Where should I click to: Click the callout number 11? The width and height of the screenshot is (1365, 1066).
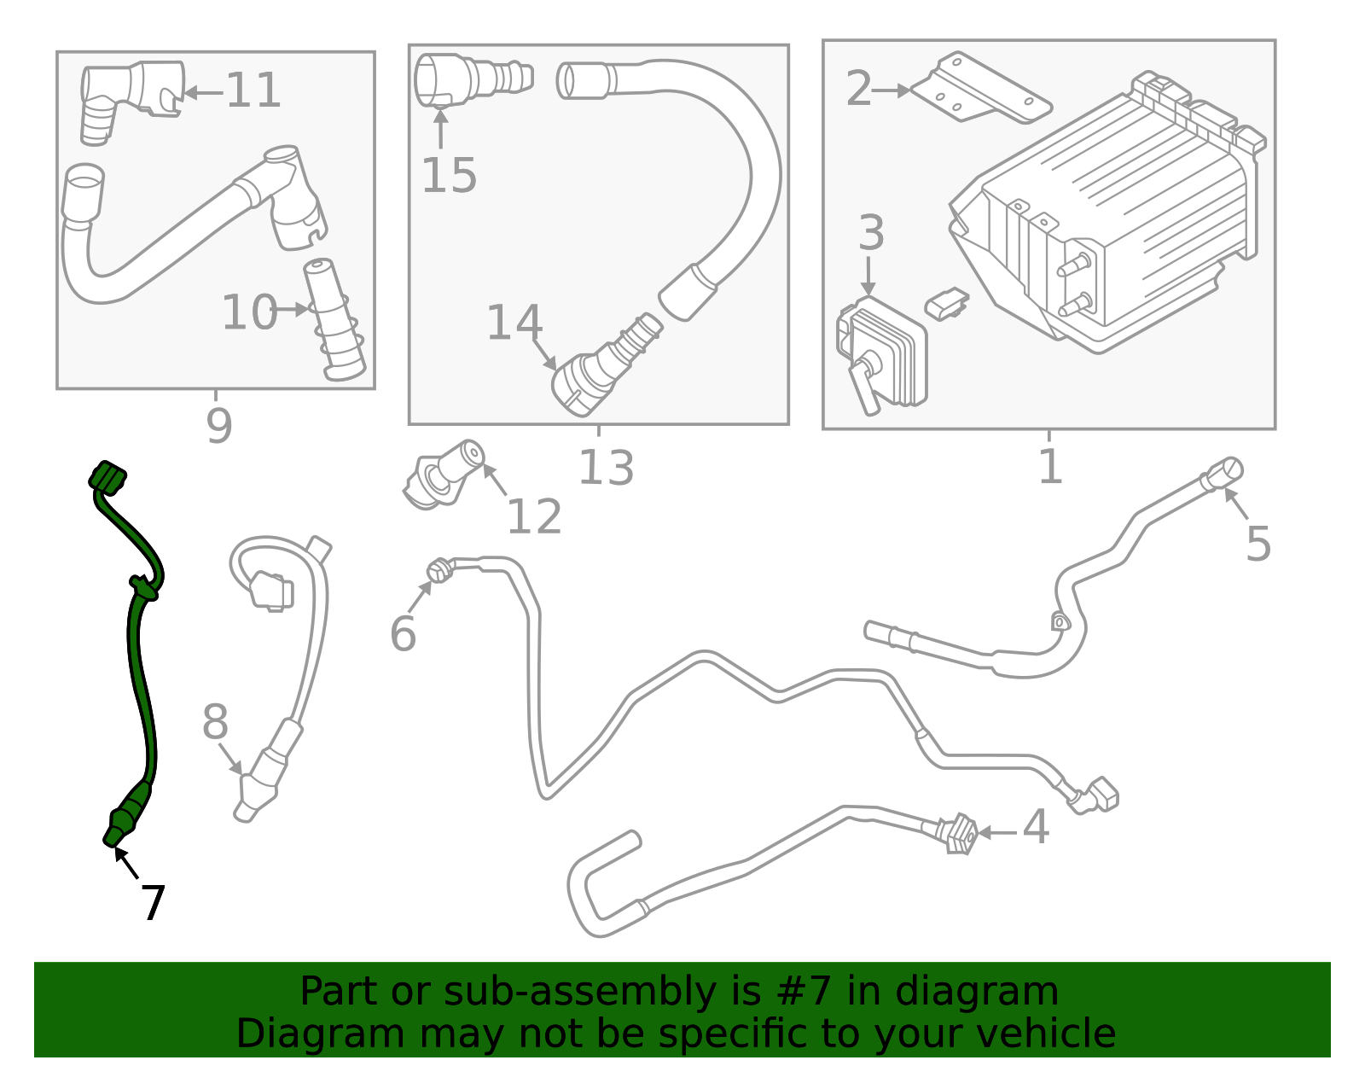[253, 90]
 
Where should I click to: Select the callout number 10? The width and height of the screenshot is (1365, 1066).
[249, 312]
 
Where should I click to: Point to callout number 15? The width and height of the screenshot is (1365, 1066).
[449, 176]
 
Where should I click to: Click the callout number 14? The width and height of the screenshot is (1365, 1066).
[514, 323]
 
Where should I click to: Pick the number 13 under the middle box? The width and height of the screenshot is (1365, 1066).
[606, 468]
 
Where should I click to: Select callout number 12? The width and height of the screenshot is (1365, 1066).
[534, 516]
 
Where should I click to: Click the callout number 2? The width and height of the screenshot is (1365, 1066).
[858, 89]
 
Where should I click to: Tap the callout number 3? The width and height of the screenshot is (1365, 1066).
[871, 233]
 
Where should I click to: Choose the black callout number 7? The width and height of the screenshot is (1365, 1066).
[153, 903]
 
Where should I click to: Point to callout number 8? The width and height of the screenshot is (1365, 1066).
[215, 723]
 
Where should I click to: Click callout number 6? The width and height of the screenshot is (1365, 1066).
[403, 634]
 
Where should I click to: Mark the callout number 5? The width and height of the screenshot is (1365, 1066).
[1258, 544]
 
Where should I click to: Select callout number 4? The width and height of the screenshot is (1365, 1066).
[1036, 827]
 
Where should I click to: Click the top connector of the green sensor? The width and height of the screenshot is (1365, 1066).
[107, 477]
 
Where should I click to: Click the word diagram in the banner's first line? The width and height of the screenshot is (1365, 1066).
[995, 992]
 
